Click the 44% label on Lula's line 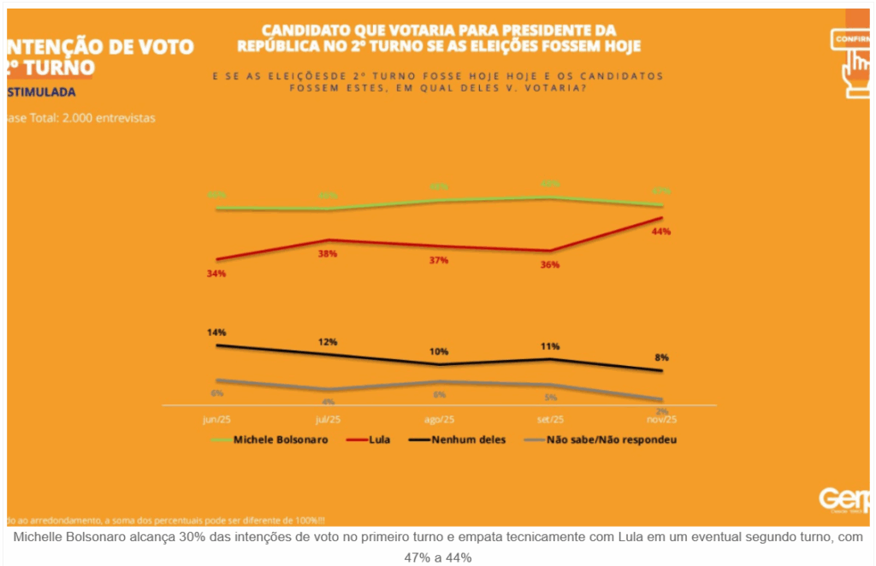[660, 232]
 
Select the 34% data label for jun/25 [216, 274]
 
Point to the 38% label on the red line [328, 254]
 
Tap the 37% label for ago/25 [439, 260]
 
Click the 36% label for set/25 [549, 265]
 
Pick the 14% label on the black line [216, 332]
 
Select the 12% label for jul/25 [328, 341]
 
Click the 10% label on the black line [439, 351]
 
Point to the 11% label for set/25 [549, 346]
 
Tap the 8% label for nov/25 [661, 357]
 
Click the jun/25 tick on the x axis [216, 420]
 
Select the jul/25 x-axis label [328, 420]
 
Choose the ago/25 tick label [439, 420]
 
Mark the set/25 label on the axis [549, 420]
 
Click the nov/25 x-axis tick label [661, 420]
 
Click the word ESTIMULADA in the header [43, 91]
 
